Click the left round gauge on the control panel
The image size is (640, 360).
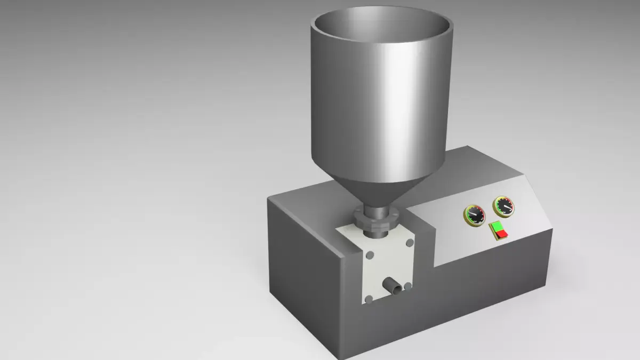[x=474, y=215]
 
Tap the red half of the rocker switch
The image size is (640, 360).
[x=502, y=234]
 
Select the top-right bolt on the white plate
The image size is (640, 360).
[x=410, y=243]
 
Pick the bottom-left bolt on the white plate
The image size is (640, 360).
[x=367, y=298]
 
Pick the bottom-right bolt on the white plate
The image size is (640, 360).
[x=408, y=286]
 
